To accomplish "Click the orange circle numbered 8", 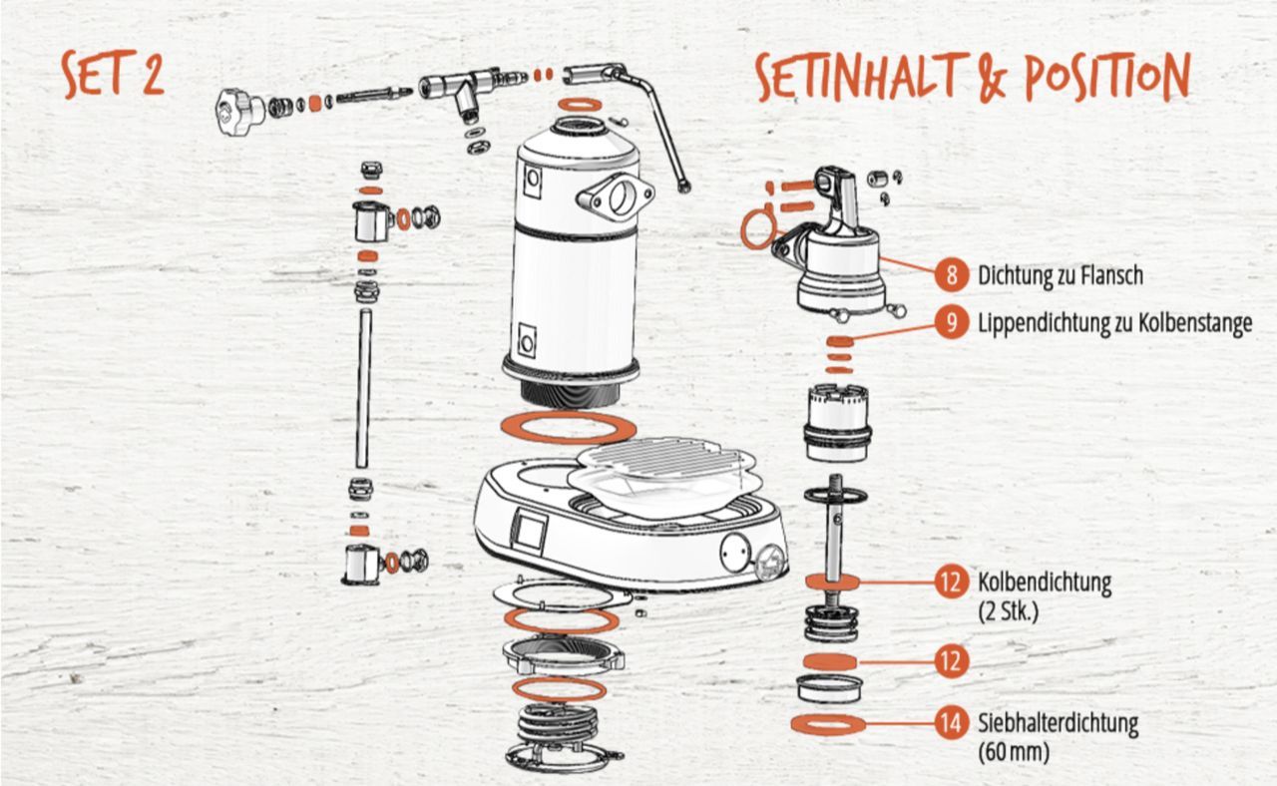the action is tap(952, 274).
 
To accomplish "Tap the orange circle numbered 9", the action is tap(952, 322).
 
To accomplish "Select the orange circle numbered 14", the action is tap(952, 723).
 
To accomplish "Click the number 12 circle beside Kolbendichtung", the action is tap(952, 582).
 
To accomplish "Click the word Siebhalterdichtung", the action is tap(1059, 723).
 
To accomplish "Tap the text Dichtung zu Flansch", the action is tap(1061, 275).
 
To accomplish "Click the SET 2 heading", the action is tap(113, 74).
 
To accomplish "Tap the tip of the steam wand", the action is tap(683, 187).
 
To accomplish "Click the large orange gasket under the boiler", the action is tap(569, 427).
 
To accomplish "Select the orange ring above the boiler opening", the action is tap(580, 105).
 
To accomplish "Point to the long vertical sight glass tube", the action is tap(363, 388).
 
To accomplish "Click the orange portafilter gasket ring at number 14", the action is tap(828, 724).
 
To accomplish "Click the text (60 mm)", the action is tap(1014, 752).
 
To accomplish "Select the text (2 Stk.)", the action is tap(1009, 611).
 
